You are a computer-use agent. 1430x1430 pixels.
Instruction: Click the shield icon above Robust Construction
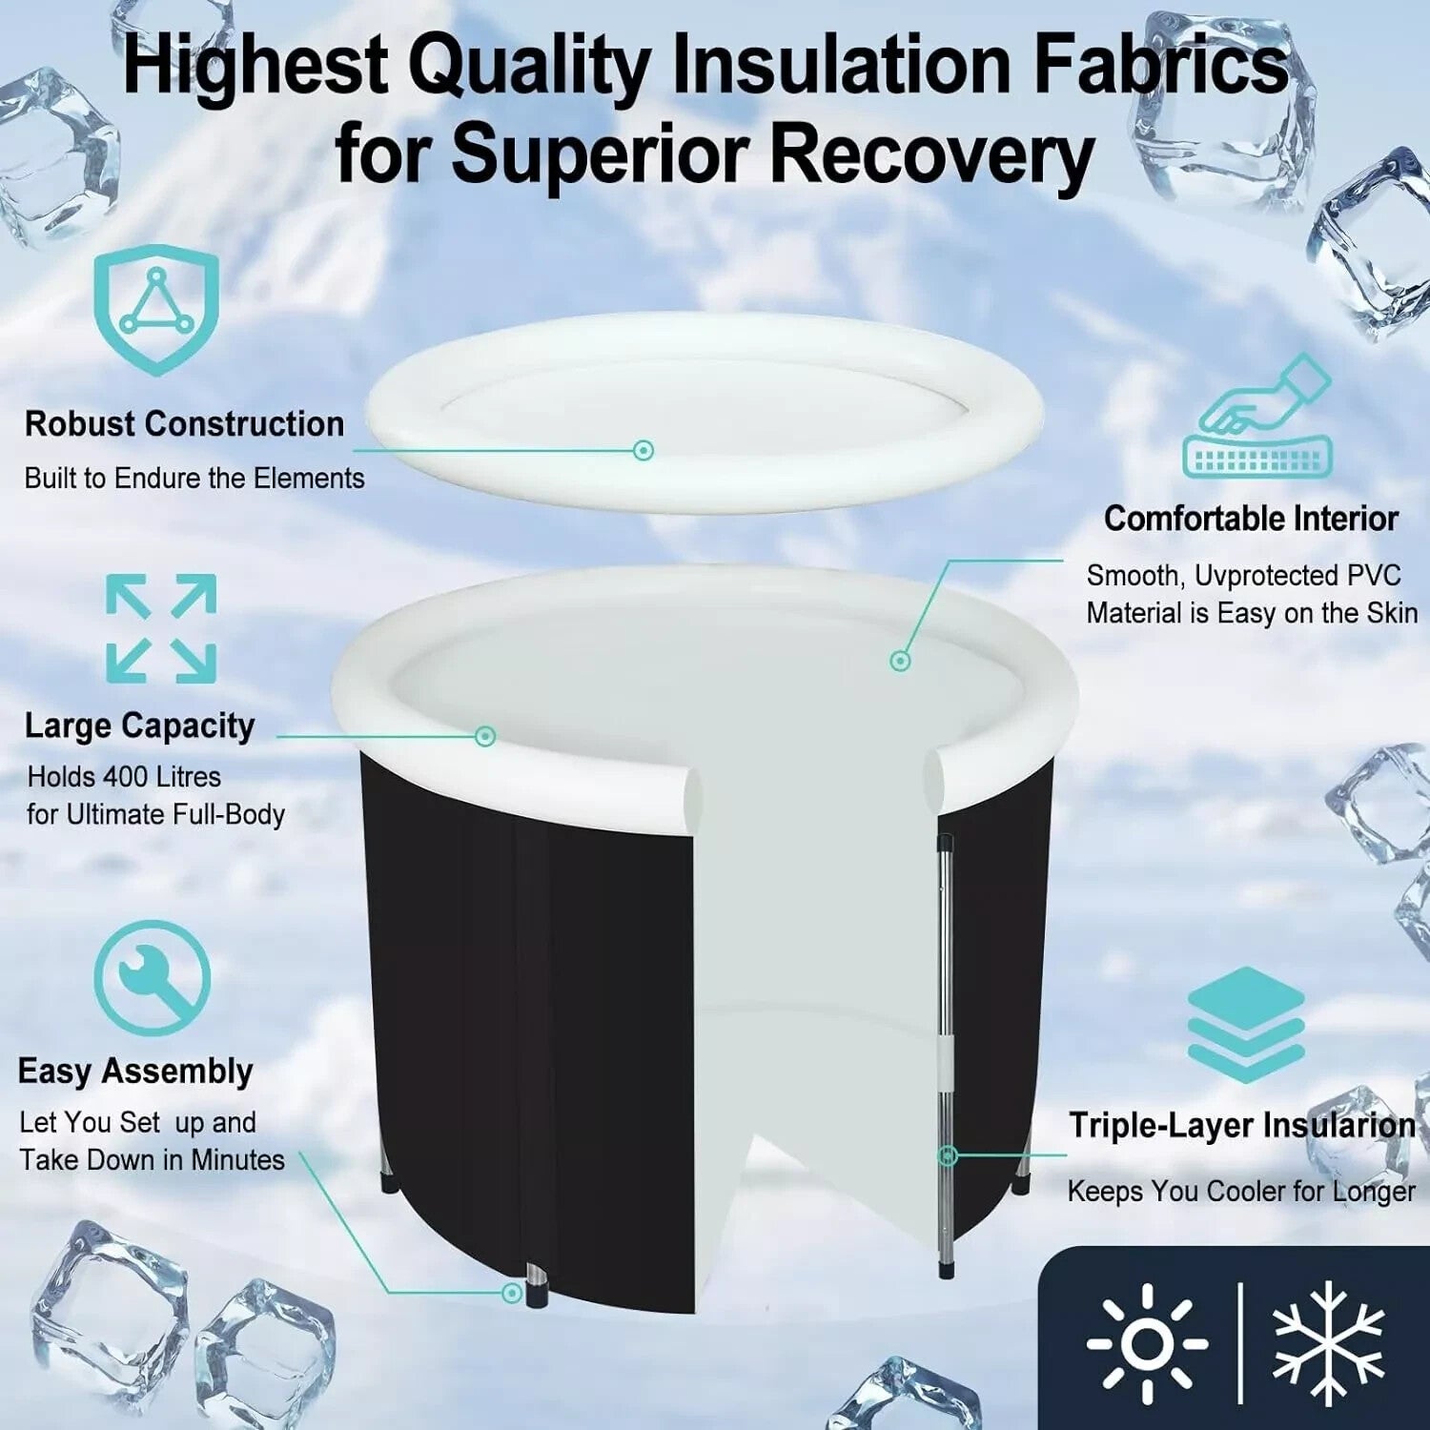(x=156, y=308)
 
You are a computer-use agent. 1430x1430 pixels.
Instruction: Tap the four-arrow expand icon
(x=161, y=628)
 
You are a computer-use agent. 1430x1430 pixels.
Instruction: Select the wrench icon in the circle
(x=153, y=977)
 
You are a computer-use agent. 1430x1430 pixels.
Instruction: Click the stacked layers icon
(x=1246, y=1024)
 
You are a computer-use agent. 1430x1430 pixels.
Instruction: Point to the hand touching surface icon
(x=1257, y=417)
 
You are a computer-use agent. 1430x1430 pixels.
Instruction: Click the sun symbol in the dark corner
(x=1147, y=1342)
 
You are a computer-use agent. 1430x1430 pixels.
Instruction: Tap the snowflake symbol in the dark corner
(x=1328, y=1342)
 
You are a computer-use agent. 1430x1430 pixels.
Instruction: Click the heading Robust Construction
(x=184, y=424)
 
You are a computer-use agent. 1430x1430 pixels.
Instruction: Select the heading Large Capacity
(x=139, y=726)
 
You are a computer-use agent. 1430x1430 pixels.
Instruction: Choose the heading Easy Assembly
(x=135, y=1072)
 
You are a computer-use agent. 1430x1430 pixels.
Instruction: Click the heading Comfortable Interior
(x=1251, y=519)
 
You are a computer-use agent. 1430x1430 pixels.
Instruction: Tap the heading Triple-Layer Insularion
(x=1241, y=1126)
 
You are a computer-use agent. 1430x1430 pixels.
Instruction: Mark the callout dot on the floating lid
(x=643, y=450)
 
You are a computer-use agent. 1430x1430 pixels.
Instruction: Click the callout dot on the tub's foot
(x=513, y=1293)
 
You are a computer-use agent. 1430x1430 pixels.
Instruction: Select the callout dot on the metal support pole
(x=947, y=1155)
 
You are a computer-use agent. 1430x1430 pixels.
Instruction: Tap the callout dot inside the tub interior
(x=900, y=660)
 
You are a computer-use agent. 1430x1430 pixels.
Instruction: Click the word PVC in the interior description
(x=1373, y=576)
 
